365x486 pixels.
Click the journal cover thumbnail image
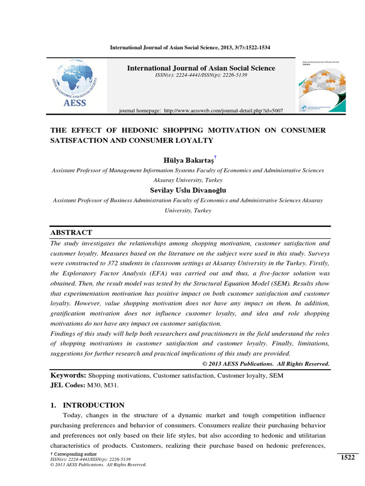(x=326, y=85)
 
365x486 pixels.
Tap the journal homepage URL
(x=223, y=111)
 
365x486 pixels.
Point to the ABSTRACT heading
(x=71, y=232)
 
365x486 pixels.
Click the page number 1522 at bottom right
(x=347, y=457)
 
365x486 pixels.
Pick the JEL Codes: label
(x=67, y=385)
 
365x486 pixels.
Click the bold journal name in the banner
(x=201, y=68)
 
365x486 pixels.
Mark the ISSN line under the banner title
(x=201, y=75)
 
